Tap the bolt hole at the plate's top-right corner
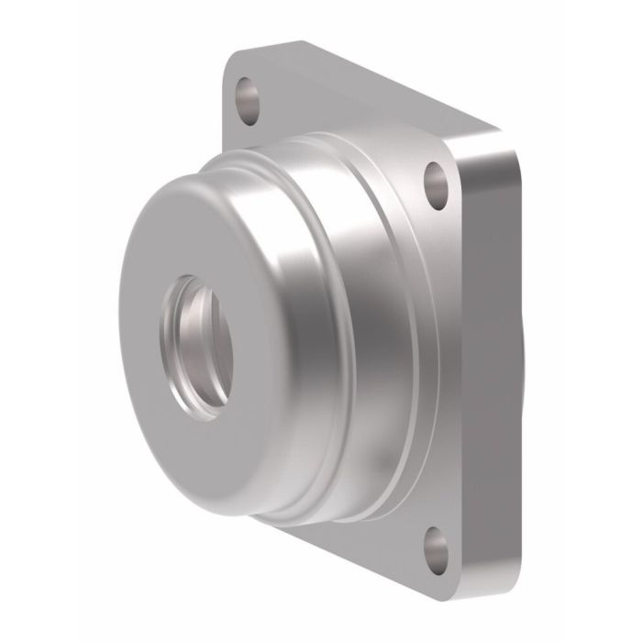click(433, 180)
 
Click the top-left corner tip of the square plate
click(230, 59)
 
